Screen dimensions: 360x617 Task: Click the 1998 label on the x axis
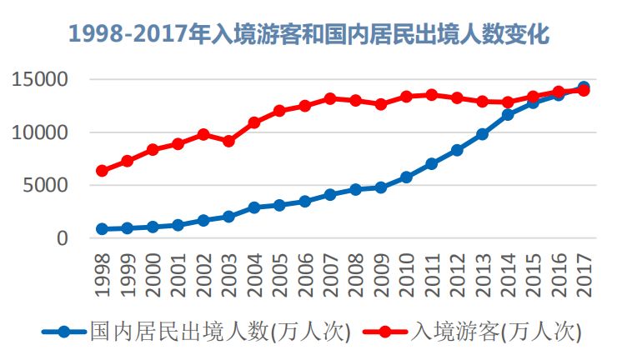click(103, 272)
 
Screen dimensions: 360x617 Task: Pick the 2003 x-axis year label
click(229, 272)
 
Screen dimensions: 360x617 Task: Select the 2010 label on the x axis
click(407, 272)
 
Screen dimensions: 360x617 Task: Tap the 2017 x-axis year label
click(584, 272)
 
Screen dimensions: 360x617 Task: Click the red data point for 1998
click(102, 171)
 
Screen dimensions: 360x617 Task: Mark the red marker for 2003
click(228, 141)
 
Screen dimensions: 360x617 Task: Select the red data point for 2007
click(330, 98)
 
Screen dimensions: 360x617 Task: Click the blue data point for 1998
click(102, 229)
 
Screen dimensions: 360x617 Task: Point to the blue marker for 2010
click(406, 177)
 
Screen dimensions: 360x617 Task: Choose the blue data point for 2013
click(482, 134)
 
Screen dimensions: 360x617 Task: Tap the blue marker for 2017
click(584, 87)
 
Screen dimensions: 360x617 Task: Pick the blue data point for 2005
click(279, 205)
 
